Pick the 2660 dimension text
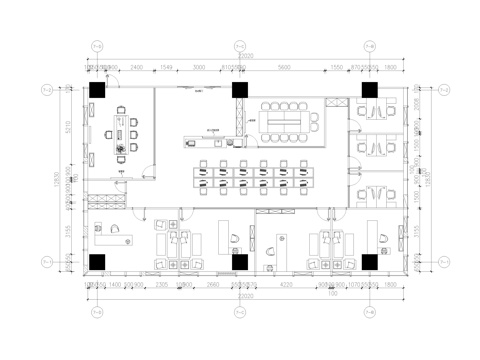pos(212,285)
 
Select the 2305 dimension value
pos(162,285)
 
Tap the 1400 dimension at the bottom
pos(115,285)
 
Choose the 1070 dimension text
pos(355,285)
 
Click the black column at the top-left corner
pos(97,90)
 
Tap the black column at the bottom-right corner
pos(370,262)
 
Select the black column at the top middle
pos(240,90)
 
